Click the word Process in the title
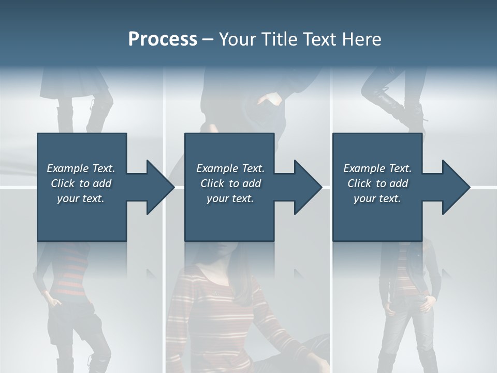[x=163, y=39]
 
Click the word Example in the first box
[x=67, y=168]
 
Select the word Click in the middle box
[x=212, y=183]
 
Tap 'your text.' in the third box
[x=377, y=198]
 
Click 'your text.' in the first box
[x=81, y=198]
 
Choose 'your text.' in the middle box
[x=230, y=198]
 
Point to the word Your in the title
[x=236, y=39]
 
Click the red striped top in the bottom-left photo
[x=70, y=275]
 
